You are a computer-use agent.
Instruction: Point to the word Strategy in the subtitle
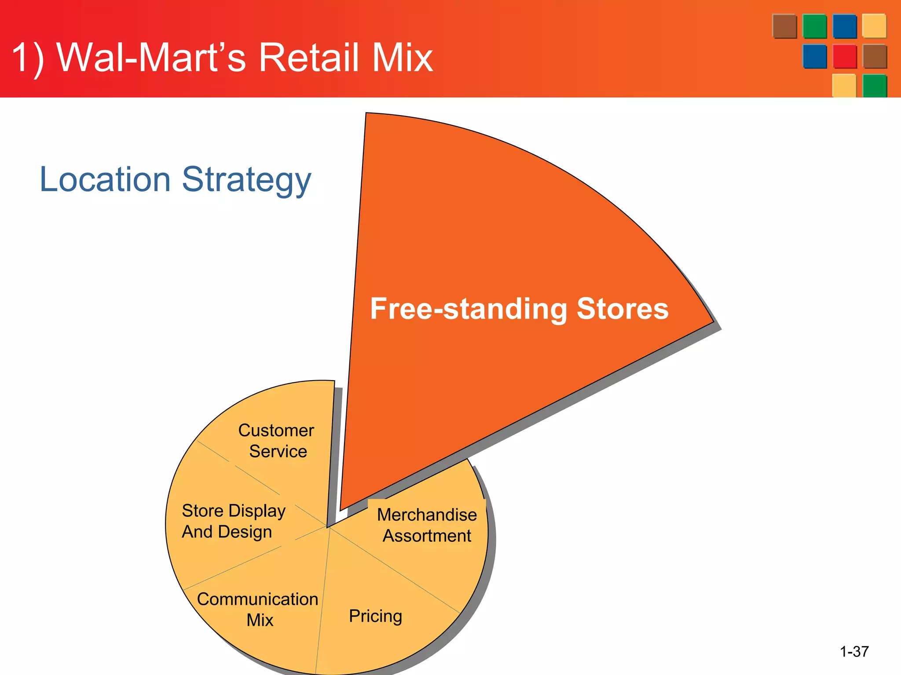click(246, 180)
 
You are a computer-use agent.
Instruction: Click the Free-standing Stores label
click(519, 308)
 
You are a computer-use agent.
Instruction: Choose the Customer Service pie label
click(277, 441)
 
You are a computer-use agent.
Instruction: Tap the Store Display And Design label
click(233, 521)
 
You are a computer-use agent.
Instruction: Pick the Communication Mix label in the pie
click(257, 610)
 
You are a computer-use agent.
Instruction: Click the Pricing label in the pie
click(375, 616)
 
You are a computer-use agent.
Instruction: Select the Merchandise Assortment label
click(427, 525)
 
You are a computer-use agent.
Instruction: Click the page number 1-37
click(854, 651)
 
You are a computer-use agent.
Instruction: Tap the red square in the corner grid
click(844, 56)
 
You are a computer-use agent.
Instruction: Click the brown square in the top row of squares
click(784, 26)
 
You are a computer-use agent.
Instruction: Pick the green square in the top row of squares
click(814, 26)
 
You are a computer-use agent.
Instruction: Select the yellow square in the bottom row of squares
click(844, 85)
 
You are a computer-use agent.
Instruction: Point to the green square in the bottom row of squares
click(874, 85)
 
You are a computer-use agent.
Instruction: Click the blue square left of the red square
click(814, 56)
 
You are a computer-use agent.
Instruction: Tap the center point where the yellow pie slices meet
click(328, 526)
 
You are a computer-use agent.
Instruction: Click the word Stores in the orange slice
click(622, 308)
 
